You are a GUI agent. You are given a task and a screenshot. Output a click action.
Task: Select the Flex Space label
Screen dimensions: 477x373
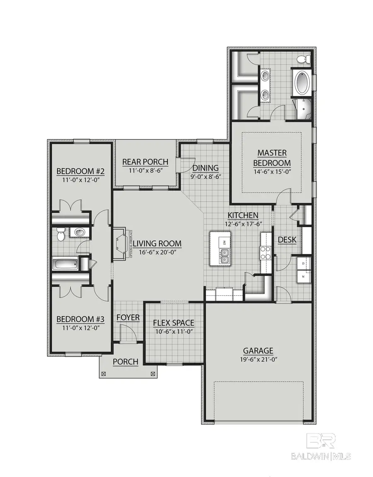point(173,323)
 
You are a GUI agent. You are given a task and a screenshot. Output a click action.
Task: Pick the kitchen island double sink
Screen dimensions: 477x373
point(224,259)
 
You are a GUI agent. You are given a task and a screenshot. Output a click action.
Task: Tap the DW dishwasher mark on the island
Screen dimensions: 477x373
point(224,242)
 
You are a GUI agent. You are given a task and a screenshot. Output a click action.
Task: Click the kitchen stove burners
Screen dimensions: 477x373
point(264,252)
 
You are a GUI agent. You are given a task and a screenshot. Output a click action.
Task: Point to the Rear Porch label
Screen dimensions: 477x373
point(145,162)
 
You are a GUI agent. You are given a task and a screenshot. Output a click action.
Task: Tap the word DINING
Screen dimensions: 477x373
point(206,168)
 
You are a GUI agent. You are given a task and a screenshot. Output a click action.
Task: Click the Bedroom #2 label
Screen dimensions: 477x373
point(80,171)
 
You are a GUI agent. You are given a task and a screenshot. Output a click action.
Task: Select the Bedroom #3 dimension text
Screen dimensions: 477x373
point(80,328)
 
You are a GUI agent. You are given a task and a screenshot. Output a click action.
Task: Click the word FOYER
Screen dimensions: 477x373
point(128,318)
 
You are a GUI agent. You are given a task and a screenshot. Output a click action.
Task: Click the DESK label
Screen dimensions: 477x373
point(287,240)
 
